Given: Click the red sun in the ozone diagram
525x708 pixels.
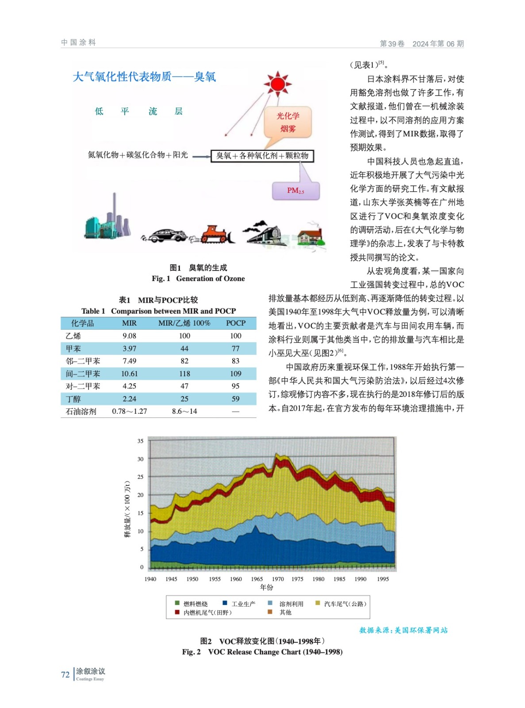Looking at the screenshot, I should pyautogui.click(x=277, y=84).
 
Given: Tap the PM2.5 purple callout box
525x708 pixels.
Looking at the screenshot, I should pyautogui.click(x=295, y=191).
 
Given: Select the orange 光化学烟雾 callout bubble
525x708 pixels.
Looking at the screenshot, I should pyautogui.click(x=288, y=122).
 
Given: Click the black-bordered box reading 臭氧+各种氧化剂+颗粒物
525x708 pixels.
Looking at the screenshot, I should pyautogui.click(x=262, y=156).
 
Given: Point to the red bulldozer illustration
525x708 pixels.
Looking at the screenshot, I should pyautogui.click(x=217, y=235).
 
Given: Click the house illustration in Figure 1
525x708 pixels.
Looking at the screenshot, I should pyautogui.click(x=311, y=236).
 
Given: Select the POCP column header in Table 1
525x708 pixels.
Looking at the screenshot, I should pyautogui.click(x=235, y=323).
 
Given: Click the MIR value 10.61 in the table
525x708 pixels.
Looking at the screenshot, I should pyautogui.click(x=129, y=374).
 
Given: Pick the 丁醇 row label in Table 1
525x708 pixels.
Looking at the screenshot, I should pyautogui.click(x=73, y=399).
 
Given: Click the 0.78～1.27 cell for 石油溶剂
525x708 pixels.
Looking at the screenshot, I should pyautogui.click(x=129, y=412).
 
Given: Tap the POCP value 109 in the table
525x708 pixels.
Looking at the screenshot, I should pyautogui.click(x=235, y=374).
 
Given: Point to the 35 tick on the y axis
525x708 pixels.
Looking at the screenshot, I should pyautogui.click(x=140, y=441).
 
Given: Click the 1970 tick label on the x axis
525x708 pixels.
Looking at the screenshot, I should pyautogui.click(x=278, y=579).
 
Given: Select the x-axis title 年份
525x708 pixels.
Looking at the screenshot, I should pyautogui.click(x=266, y=587).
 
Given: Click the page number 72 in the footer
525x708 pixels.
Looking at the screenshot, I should pyautogui.click(x=65, y=674).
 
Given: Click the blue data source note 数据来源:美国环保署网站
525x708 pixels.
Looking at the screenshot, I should pyautogui.click(x=403, y=630).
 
